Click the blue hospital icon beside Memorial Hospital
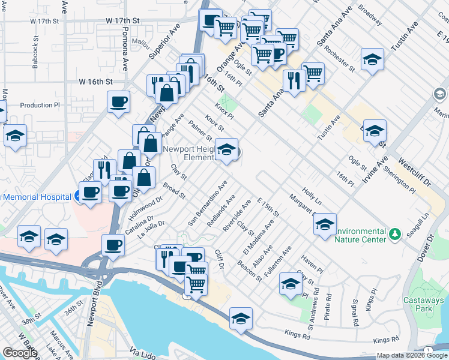point(79,196)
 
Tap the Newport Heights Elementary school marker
point(226,149)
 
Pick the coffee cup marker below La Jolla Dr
point(113,245)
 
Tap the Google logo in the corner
point(20,353)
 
